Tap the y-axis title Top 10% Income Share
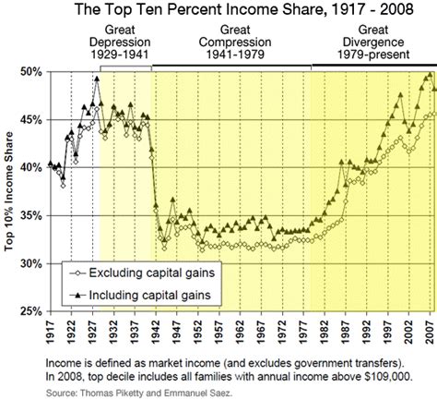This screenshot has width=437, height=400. [x=10, y=189]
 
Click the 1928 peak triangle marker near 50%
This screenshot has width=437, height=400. [x=97, y=79]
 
